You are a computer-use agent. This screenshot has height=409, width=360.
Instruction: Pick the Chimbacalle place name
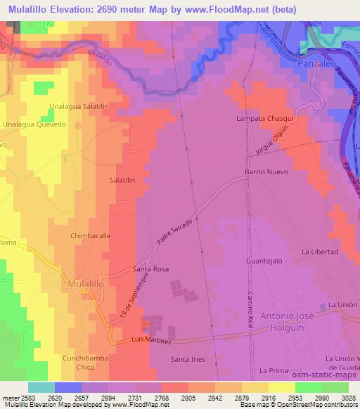coord(91,236)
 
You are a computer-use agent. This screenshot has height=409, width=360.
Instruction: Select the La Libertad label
coord(320,252)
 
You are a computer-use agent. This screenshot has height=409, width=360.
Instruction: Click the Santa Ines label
coord(188,359)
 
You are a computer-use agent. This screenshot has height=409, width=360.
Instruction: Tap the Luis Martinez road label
coord(152,341)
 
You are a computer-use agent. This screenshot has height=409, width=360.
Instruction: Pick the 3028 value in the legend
coord(347,397)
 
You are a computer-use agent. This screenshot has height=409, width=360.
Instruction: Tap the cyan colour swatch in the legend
coord(41,387)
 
